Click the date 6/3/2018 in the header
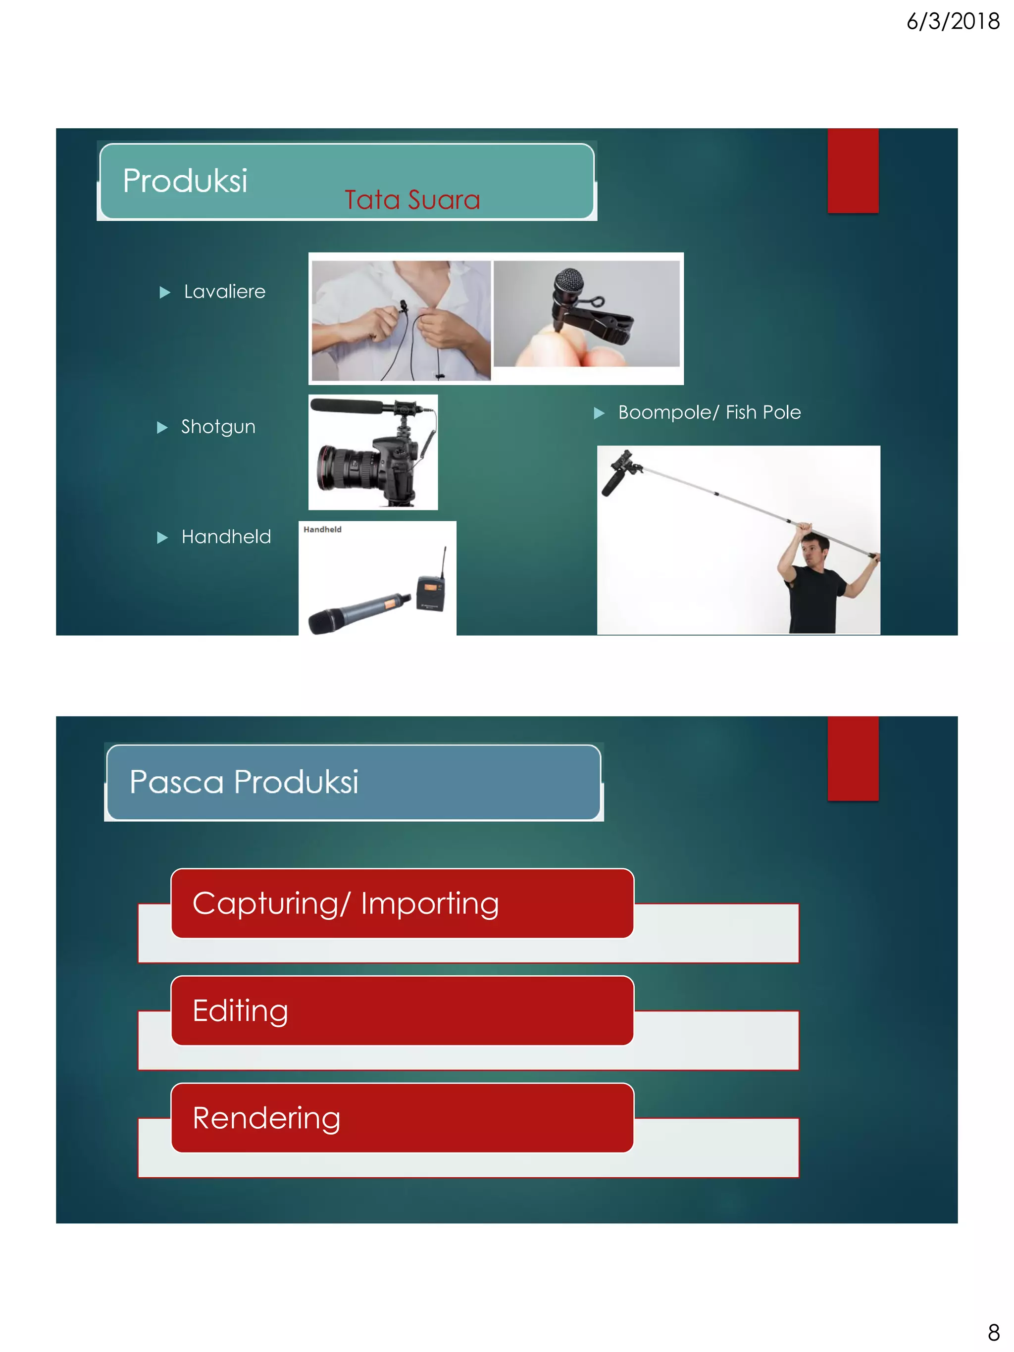click(x=952, y=22)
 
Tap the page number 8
click(x=993, y=1332)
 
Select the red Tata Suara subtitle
click(x=412, y=200)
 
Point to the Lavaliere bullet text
click(x=224, y=292)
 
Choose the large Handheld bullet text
click(x=226, y=537)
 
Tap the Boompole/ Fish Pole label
click(x=709, y=412)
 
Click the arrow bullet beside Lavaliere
click(x=164, y=292)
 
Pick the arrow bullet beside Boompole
click(x=599, y=413)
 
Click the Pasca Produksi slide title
click(x=244, y=782)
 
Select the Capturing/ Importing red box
click(x=402, y=903)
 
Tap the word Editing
click(x=240, y=1010)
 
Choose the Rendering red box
click(x=402, y=1118)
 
